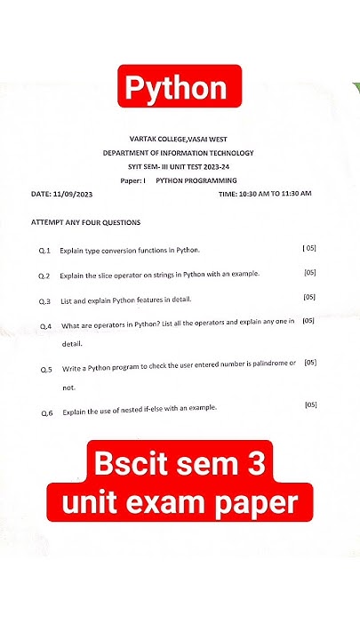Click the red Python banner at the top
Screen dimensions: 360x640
click(179, 89)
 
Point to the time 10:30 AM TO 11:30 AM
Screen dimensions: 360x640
click(264, 193)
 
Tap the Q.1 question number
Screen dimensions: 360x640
click(44, 252)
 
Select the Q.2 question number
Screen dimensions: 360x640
click(44, 276)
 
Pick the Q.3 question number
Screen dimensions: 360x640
click(45, 300)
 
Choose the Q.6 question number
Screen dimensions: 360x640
click(47, 412)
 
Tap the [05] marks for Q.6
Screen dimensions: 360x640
click(311, 405)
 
